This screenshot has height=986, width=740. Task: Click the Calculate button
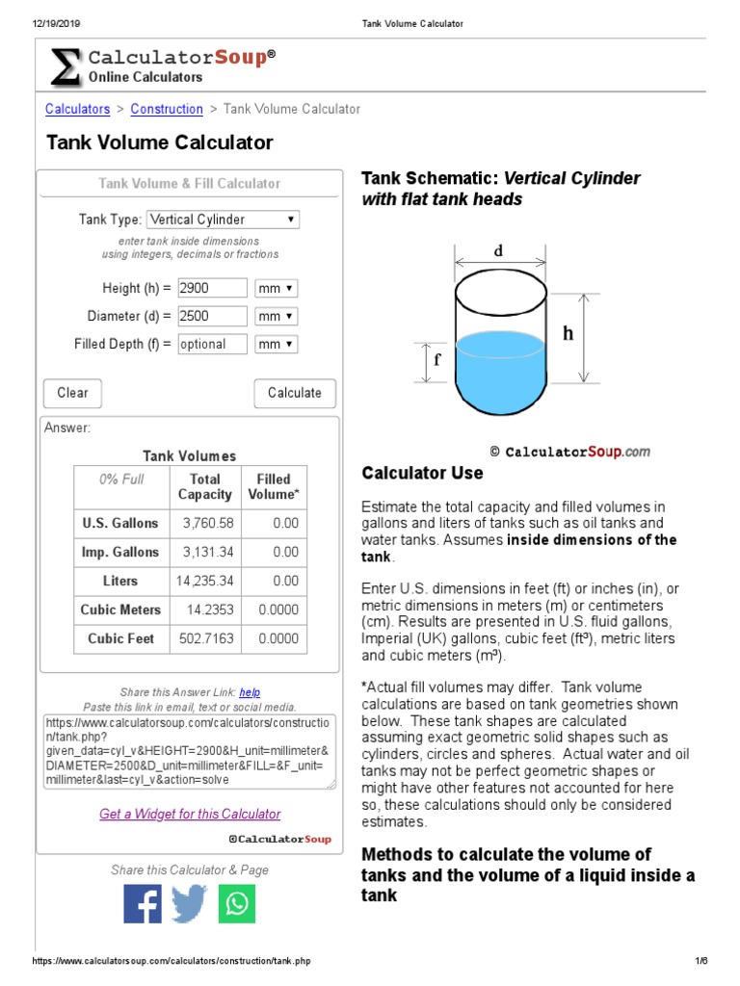coord(294,393)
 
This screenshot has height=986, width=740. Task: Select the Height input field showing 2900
coord(212,288)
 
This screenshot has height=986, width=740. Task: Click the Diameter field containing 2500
coord(212,316)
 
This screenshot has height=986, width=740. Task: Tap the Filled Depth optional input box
coord(212,344)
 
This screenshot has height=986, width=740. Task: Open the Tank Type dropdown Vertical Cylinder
coord(223,220)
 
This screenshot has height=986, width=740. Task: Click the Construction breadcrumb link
coord(167,109)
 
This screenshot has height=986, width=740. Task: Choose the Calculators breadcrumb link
coord(78,109)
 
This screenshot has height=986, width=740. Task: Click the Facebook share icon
coord(143,904)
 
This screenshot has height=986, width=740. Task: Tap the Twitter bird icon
coord(190,904)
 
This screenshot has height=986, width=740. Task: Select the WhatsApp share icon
coord(237,904)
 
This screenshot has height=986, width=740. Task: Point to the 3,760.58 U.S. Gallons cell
coord(207,523)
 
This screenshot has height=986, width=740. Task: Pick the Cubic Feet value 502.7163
coord(206,638)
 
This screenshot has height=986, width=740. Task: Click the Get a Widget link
coord(190,814)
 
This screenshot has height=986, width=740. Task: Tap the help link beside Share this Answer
coord(250,691)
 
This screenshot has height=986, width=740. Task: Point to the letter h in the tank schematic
coord(568,333)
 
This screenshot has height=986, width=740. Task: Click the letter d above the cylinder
coord(498,251)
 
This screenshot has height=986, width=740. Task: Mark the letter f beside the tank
coord(437,360)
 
